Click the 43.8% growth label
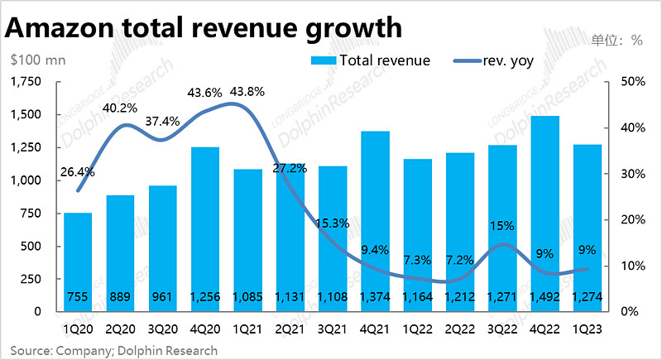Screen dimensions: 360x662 [248, 92]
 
